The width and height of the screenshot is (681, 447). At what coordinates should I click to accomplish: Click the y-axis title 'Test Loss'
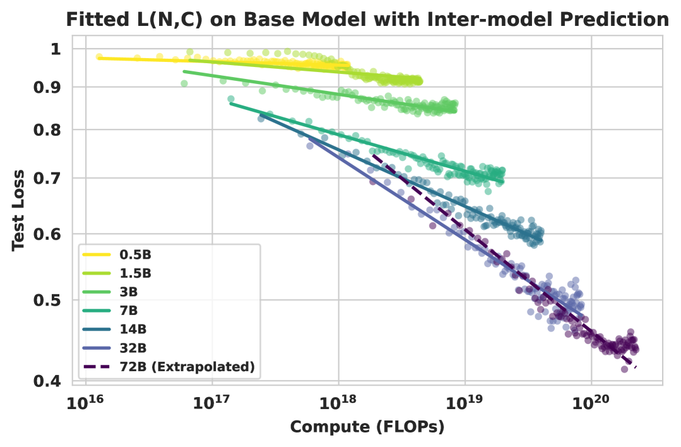[x=18, y=210]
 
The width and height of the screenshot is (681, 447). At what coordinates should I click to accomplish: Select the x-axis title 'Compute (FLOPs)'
[x=367, y=427]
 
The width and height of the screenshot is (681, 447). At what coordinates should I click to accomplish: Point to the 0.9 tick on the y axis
[x=45, y=87]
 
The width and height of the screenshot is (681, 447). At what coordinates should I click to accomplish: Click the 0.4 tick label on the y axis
[x=45, y=381]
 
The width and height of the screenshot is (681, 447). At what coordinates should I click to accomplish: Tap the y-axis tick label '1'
[x=54, y=49]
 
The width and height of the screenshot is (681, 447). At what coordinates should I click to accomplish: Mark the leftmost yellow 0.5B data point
[x=99, y=57]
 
